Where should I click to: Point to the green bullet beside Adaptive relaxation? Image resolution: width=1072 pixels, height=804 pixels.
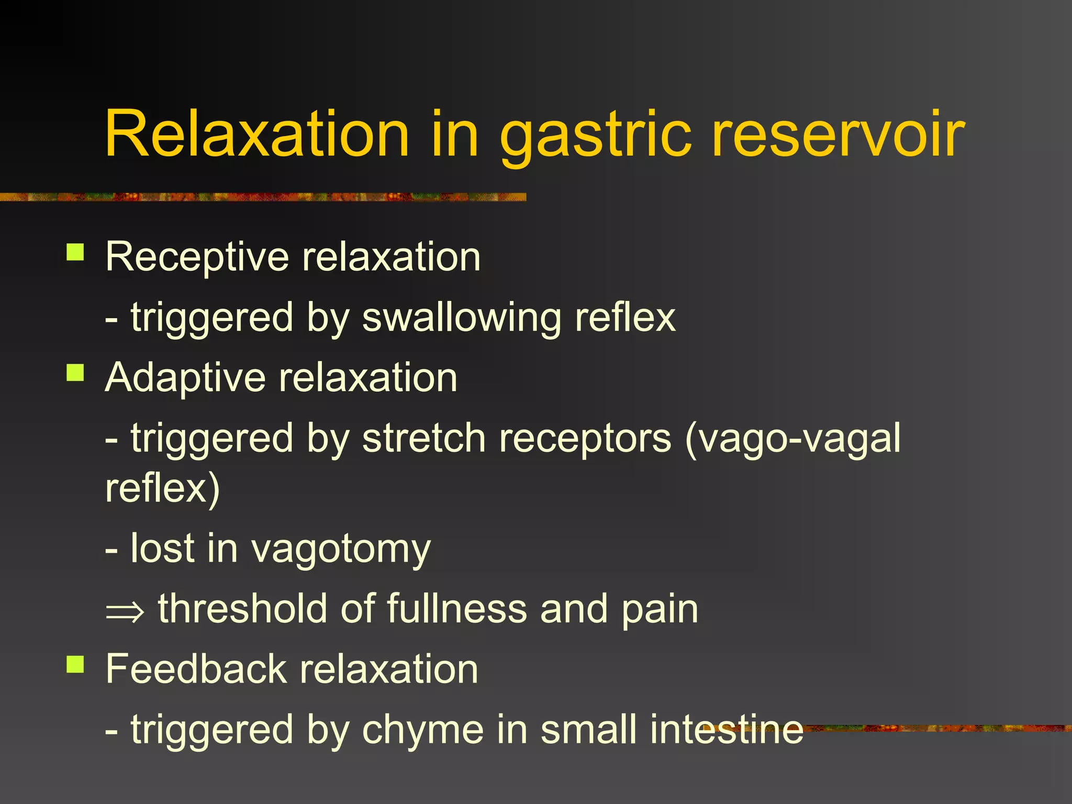click(x=75, y=373)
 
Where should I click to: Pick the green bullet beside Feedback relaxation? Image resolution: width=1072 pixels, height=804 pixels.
click(x=75, y=664)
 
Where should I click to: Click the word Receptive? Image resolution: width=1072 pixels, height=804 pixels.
click(x=197, y=258)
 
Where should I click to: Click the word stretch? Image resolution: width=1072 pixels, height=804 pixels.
click(x=423, y=439)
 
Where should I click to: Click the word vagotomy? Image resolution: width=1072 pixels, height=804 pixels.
click(x=341, y=550)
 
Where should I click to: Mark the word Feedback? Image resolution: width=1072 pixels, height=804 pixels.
click(x=195, y=669)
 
